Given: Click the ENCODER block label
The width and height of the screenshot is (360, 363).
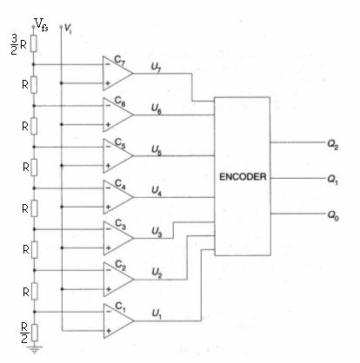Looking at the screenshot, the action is pyautogui.click(x=243, y=176).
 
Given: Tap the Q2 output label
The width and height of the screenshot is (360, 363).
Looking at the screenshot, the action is pyautogui.click(x=333, y=145).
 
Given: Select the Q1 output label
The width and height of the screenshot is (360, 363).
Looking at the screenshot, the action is pyautogui.click(x=332, y=180).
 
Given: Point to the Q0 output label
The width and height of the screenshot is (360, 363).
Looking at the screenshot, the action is pyautogui.click(x=333, y=216).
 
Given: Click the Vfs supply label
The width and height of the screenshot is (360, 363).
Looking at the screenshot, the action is pyautogui.click(x=41, y=24).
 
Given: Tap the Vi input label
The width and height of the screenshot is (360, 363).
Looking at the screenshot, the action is pyautogui.click(x=68, y=29).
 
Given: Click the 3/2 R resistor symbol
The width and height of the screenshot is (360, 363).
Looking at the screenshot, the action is pyautogui.click(x=34, y=43).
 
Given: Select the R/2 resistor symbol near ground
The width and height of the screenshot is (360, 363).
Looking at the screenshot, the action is pyautogui.click(x=35, y=333).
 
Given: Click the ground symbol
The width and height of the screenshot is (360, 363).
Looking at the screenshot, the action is pyautogui.click(x=35, y=349).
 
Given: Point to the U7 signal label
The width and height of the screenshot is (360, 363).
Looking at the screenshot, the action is pyautogui.click(x=156, y=68).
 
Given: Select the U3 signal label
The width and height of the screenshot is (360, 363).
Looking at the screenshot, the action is pyautogui.click(x=157, y=232).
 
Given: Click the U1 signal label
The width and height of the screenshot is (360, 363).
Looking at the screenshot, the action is pyautogui.click(x=157, y=314).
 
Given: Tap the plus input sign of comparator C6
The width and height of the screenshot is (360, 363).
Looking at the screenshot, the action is pyautogui.click(x=108, y=125).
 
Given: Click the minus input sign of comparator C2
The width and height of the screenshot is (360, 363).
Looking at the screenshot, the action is pyautogui.click(x=109, y=270).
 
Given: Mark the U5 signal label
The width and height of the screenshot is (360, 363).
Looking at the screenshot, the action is pyautogui.click(x=157, y=150).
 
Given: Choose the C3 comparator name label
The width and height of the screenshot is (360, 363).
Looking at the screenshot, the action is pyautogui.click(x=120, y=224).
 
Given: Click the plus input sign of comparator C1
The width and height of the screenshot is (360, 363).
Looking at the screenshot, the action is pyautogui.click(x=109, y=331).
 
